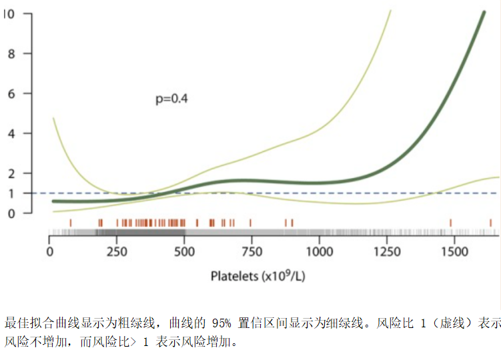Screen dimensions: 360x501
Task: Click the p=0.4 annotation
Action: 171,99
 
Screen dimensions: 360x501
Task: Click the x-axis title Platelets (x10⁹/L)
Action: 258,275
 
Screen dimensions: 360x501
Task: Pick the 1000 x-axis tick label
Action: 319,252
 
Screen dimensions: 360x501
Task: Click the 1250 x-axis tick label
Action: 386,252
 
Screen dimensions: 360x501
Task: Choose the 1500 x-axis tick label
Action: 454,252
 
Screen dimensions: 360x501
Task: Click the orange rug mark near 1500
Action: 451,223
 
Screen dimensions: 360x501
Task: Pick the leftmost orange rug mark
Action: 71,223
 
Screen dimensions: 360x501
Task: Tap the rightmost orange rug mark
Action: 490,223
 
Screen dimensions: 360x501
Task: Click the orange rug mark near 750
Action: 250,223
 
